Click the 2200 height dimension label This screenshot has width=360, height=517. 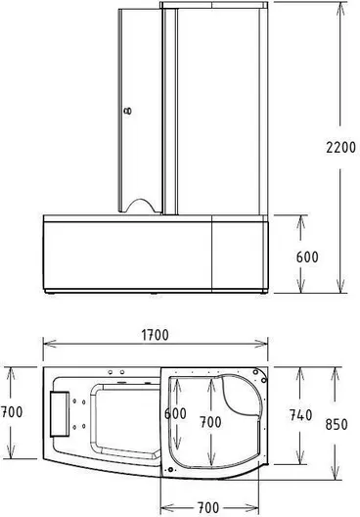(x=340, y=147)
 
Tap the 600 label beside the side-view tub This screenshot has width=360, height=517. (x=307, y=258)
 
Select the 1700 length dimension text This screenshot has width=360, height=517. (x=155, y=335)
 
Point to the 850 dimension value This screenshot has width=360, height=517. (x=337, y=424)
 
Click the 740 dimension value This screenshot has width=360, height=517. (x=300, y=415)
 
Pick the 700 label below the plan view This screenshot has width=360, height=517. (x=207, y=507)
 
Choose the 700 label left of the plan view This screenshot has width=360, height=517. (x=12, y=412)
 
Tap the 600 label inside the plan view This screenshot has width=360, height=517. (x=175, y=413)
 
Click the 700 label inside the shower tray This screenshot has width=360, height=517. (x=210, y=422)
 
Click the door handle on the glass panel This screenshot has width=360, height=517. (x=128, y=111)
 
